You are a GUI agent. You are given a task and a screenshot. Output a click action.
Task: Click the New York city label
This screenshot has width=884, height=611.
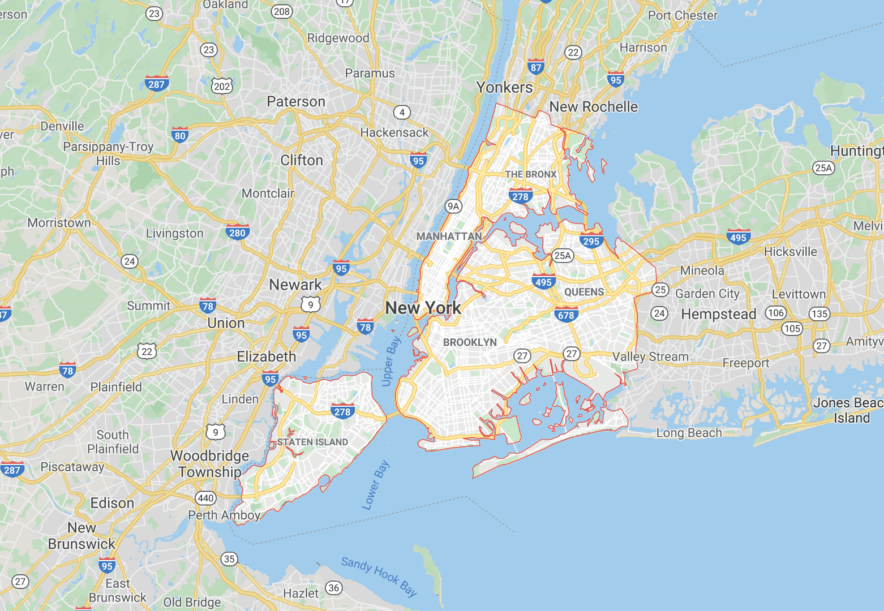pyautogui.click(x=423, y=308)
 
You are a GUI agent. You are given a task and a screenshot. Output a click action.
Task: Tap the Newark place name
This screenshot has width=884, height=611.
pyautogui.click(x=295, y=285)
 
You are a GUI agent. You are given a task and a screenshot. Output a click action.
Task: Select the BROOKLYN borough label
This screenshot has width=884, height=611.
pyautogui.click(x=470, y=342)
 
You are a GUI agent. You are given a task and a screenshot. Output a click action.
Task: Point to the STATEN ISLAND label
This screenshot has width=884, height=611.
pyautogui.click(x=312, y=442)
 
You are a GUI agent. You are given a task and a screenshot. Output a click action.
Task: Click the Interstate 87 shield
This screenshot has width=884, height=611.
pyautogui.click(x=535, y=67)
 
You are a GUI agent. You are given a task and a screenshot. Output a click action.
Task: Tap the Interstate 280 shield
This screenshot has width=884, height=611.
pyautogui.click(x=237, y=232)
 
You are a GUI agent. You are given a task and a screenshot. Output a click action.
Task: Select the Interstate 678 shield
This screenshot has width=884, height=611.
pyautogui.click(x=566, y=315)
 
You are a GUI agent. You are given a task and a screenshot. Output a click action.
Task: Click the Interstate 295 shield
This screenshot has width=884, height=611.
pyautogui.click(x=591, y=240)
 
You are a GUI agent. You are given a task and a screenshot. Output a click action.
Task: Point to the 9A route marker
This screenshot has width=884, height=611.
pyautogui.click(x=453, y=206)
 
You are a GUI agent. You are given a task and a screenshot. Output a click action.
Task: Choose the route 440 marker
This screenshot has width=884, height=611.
pyautogui.click(x=205, y=498)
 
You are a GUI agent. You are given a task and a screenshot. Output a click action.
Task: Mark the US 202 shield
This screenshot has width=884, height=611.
pyautogui.click(x=222, y=86)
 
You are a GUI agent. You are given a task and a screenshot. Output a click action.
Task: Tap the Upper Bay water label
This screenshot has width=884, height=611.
pyautogui.click(x=390, y=362)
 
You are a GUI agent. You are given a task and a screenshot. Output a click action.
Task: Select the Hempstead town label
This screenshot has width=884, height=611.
pyautogui.click(x=718, y=314)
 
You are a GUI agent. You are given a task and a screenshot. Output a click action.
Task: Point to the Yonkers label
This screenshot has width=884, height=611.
pyautogui.click(x=504, y=87)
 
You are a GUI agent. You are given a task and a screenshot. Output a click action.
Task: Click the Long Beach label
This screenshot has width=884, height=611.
pyautogui.click(x=689, y=433)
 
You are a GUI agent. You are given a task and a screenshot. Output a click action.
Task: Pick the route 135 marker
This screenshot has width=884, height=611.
pyautogui.click(x=819, y=313)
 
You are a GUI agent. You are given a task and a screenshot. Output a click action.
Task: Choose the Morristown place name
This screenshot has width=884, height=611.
pyautogui.click(x=59, y=223)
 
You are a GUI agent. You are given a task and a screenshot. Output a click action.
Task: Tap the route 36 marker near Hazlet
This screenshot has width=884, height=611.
pyautogui.click(x=334, y=588)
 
